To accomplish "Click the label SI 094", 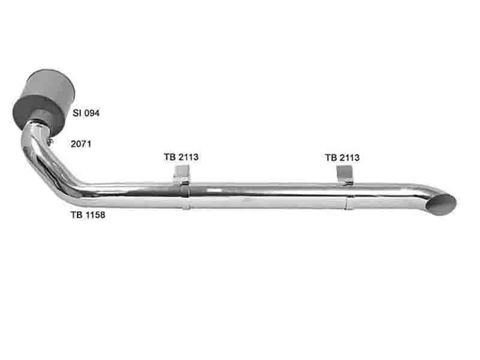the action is (86, 113).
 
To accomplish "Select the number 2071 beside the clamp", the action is (81, 144).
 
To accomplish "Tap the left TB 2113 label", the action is (181, 157).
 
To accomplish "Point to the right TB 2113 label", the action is (342, 158).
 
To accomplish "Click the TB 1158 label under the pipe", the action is (88, 215).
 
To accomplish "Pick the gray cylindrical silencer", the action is (44, 101).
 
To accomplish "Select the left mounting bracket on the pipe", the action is (182, 175).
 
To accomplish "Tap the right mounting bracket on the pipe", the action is (345, 175).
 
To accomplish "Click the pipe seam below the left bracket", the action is (187, 197).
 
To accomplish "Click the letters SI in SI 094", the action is (77, 113).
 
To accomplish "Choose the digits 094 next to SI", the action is (92, 113).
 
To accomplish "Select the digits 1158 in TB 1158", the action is (95, 215).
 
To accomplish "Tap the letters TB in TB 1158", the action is (77, 215).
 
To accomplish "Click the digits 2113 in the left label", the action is (188, 157).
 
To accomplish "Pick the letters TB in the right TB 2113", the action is (331, 158).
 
